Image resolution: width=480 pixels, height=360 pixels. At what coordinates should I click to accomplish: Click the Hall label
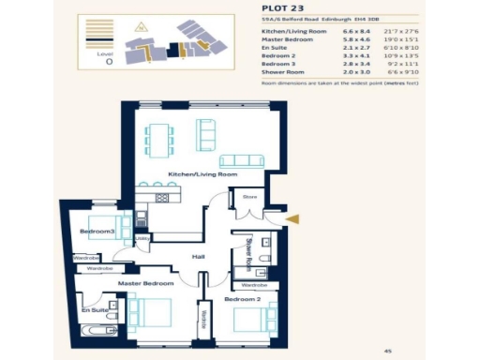point(199,255)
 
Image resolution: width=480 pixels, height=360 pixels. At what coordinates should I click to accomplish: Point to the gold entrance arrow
point(292,219)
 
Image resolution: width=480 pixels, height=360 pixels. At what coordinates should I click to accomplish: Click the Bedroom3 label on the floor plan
point(97,231)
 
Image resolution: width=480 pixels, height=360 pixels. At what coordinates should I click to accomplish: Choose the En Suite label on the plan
point(92,308)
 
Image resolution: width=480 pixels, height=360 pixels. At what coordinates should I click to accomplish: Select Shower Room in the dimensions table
point(282,71)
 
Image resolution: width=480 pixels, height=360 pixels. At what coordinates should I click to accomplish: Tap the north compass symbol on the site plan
point(142,27)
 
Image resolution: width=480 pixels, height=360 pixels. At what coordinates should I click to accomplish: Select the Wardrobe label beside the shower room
point(253,284)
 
